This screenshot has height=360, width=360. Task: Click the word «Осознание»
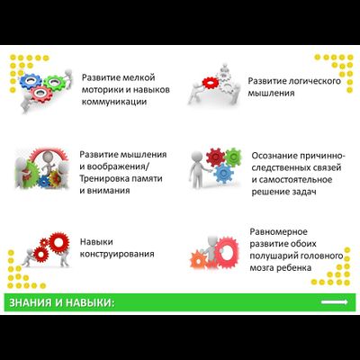pos(275,155)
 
